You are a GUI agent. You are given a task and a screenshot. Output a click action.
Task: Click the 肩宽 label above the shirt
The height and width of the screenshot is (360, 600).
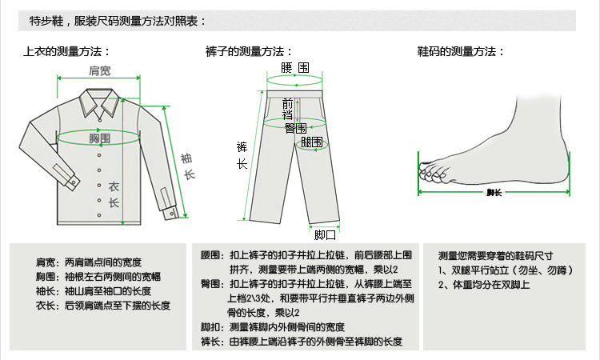pos(100,71)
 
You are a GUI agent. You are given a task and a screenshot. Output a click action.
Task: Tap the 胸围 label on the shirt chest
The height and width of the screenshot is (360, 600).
pos(99,138)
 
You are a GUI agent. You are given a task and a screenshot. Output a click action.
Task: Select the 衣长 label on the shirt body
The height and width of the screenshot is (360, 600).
pos(114,194)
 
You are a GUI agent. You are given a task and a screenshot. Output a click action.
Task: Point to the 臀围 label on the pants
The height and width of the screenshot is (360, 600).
pos(295,128)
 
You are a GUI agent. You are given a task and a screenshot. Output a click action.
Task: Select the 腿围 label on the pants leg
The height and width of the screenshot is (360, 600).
pos(312,142)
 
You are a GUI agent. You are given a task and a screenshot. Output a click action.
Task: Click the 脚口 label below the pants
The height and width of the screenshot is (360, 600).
pos(325,235)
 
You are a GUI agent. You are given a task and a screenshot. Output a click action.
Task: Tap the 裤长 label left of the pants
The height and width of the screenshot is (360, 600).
pos(242,155)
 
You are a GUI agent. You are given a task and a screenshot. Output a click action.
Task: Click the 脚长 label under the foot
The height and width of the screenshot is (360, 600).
pos(494,193)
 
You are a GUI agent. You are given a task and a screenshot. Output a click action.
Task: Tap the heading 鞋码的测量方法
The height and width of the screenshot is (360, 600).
pos(461,51)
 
